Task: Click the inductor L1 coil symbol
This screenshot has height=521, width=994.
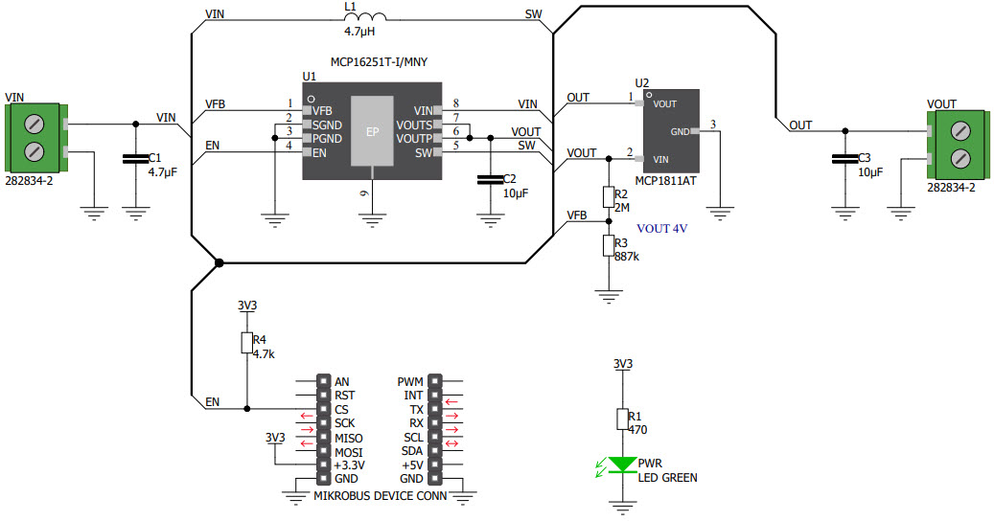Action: tap(365, 16)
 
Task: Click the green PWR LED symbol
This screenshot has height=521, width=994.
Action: tap(623, 464)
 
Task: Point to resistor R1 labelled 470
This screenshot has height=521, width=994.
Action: tap(623, 419)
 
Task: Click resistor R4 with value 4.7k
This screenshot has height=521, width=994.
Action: tap(246, 344)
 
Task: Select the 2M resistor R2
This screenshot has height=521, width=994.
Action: tap(607, 198)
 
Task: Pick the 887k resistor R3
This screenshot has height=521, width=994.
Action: tap(607, 246)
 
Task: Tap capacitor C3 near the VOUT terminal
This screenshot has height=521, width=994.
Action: tap(844, 160)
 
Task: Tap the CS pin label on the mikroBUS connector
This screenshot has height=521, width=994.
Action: tap(342, 409)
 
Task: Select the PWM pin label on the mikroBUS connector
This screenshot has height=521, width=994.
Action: tap(410, 382)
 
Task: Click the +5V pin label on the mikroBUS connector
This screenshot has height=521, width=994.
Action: tap(411, 464)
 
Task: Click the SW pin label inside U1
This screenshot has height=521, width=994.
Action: tap(423, 153)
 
